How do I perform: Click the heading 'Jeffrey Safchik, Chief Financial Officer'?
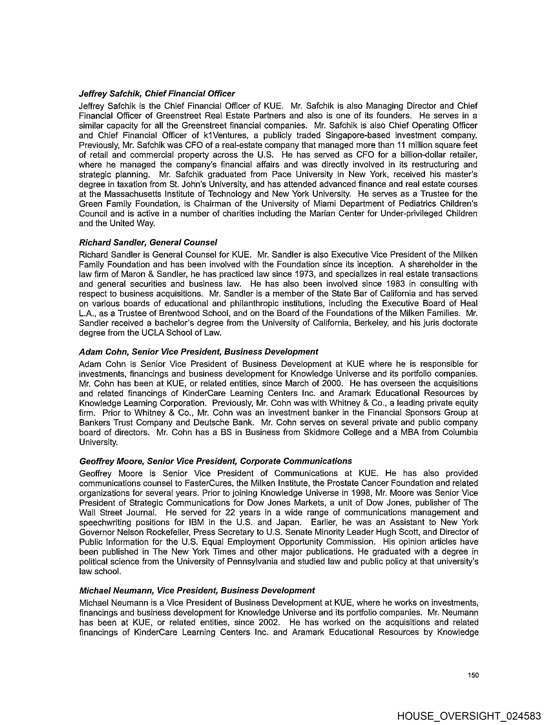(x=157, y=94)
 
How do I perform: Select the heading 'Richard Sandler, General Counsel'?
(x=148, y=243)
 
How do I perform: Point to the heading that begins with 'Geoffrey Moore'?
(x=216, y=461)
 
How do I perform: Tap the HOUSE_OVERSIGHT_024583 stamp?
(x=469, y=716)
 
